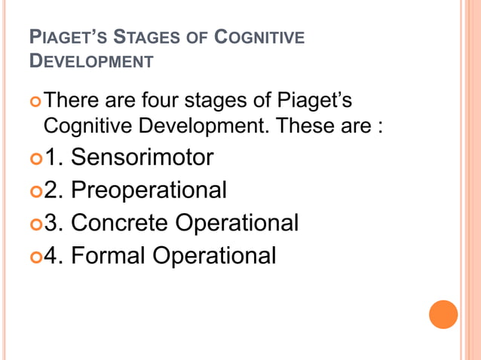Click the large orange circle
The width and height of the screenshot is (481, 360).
coord(443,314)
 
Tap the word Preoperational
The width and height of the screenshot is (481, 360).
coord(149,190)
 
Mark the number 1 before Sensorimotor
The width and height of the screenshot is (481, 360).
coord(51,157)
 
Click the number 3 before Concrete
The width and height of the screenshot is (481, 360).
coord(51,223)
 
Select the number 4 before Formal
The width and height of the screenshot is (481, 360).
coord(51,256)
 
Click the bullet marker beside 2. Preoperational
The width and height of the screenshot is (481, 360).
coord(35,191)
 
